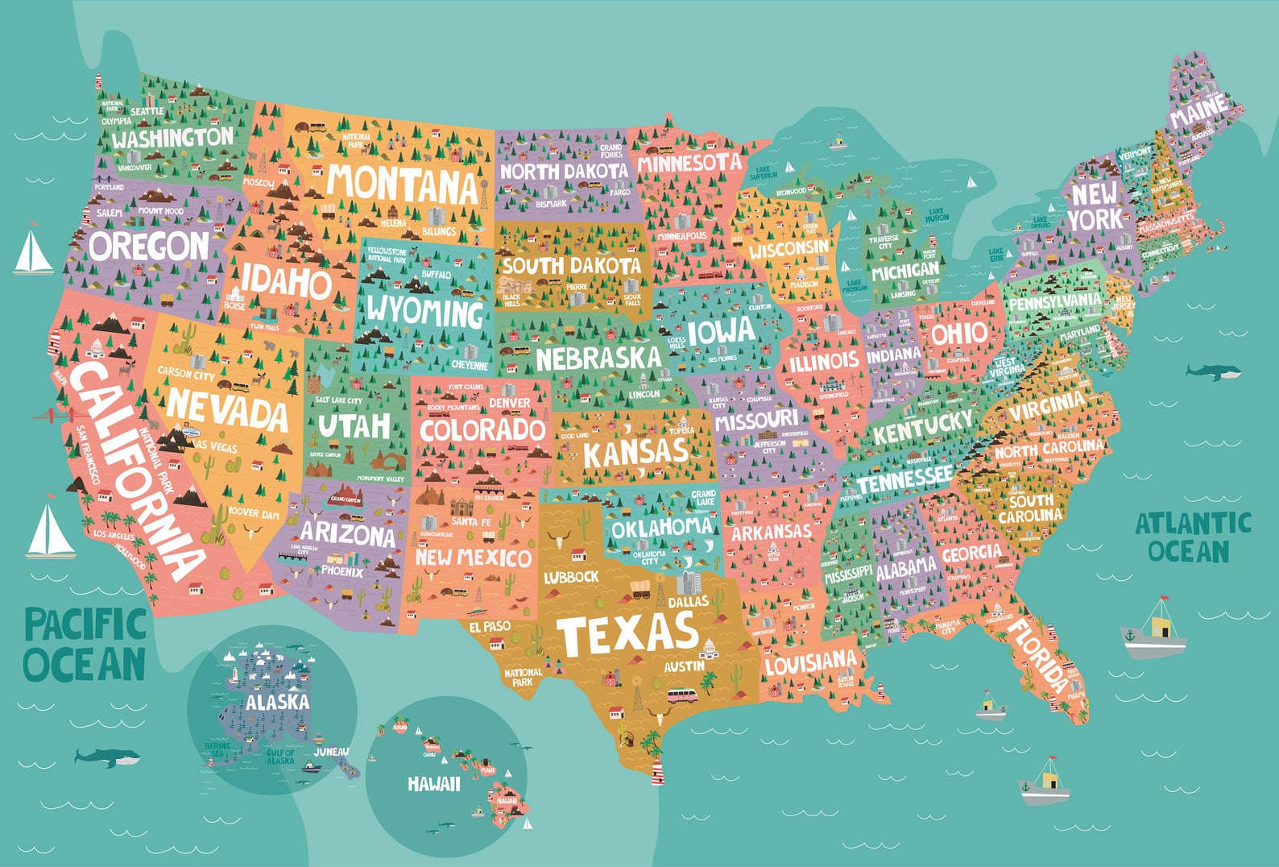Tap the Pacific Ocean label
[x=85, y=645]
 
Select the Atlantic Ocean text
[x=1192, y=537]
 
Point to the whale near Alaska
[x=107, y=757]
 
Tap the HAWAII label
[x=433, y=783]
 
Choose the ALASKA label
[x=277, y=702]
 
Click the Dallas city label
[x=689, y=601]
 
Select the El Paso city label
[x=490, y=626]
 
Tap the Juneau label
[x=331, y=752]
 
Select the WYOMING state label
[x=424, y=310]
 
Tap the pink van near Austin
[x=682, y=695]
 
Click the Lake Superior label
[x=763, y=172]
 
